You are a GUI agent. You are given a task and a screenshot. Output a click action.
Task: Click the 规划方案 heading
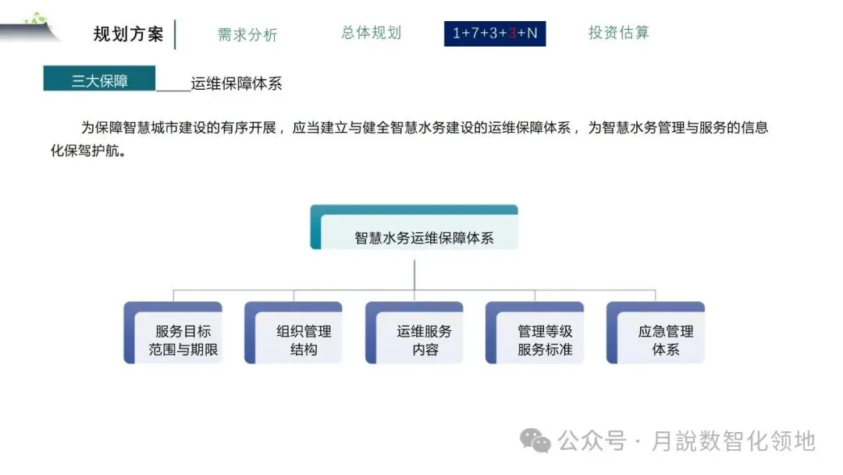[128, 34]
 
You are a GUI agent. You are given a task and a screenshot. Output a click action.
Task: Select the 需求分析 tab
[247, 34]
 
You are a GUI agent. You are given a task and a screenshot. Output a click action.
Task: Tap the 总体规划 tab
[371, 33]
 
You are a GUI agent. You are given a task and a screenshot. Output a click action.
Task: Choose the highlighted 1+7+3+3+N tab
[495, 34]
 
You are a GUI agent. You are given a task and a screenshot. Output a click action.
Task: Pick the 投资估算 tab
[618, 33]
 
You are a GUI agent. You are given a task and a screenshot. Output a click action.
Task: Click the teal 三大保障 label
[99, 80]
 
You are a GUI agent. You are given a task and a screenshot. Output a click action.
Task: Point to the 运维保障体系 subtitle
[236, 84]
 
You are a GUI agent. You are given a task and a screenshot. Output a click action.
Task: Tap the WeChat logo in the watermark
[535, 441]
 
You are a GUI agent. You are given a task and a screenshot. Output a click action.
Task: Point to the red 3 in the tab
[512, 34]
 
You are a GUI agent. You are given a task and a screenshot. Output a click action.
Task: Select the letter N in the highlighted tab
[532, 34]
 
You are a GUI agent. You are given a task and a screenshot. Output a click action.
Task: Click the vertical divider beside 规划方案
[175, 34]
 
